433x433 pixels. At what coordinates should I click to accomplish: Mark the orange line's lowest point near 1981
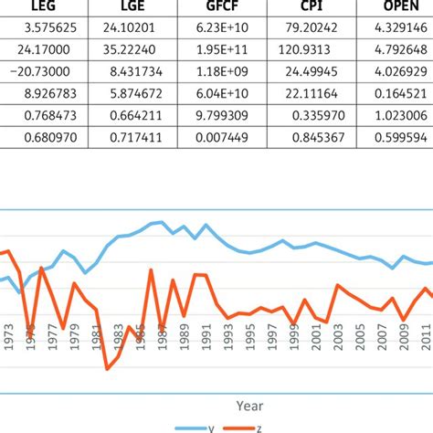click(107, 368)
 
